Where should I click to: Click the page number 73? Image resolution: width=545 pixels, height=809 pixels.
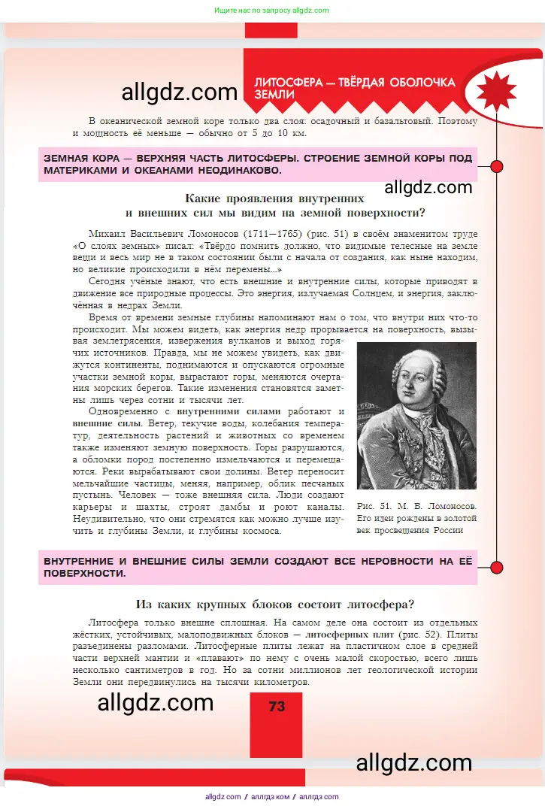pos(276,707)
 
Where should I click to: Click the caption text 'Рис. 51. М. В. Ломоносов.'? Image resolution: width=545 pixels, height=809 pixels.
pos(416,506)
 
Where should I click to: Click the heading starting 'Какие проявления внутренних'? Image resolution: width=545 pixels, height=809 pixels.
pos(274,198)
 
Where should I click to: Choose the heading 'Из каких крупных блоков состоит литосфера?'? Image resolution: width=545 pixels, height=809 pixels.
pos(275,604)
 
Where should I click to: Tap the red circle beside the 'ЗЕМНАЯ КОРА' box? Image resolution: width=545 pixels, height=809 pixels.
pos(496,165)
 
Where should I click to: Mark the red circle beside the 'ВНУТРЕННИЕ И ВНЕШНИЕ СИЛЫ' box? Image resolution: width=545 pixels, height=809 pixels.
pos(496,567)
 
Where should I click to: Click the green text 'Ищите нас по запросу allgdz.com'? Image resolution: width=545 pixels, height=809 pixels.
pos(271,11)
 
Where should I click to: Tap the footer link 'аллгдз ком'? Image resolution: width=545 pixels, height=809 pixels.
pos(271,797)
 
